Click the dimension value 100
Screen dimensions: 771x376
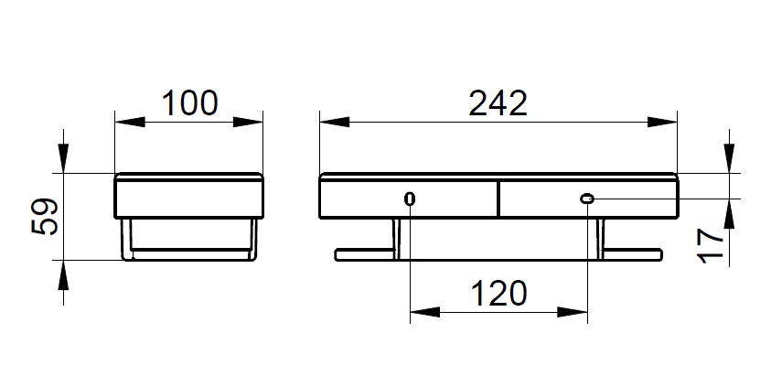tap(190, 102)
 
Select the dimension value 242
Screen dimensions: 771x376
tap(498, 103)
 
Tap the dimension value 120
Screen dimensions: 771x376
tap(499, 293)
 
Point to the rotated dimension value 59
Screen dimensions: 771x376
tap(45, 217)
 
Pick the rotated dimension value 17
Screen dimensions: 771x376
tap(712, 245)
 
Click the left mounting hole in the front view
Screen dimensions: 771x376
tap(410, 199)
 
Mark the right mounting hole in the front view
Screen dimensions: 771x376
tap(587, 199)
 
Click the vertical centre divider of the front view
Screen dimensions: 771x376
tap(498, 199)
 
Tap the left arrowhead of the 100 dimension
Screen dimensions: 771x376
tap(130, 122)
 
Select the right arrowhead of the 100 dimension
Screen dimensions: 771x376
tap(248, 122)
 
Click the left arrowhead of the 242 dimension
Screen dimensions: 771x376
tap(335, 122)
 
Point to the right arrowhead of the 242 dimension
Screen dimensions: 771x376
tap(662, 122)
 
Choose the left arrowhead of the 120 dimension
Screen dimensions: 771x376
tap(425, 312)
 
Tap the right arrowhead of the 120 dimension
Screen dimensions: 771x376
tap(573, 312)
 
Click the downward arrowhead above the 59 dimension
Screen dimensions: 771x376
tap(63, 158)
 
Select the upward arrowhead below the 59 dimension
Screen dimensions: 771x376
tap(63, 275)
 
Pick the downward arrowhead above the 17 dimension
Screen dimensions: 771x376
tap(729, 158)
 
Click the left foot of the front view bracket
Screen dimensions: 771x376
tap(365, 254)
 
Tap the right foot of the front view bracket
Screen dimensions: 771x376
tap(632, 254)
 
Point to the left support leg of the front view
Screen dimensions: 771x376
tap(396, 238)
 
